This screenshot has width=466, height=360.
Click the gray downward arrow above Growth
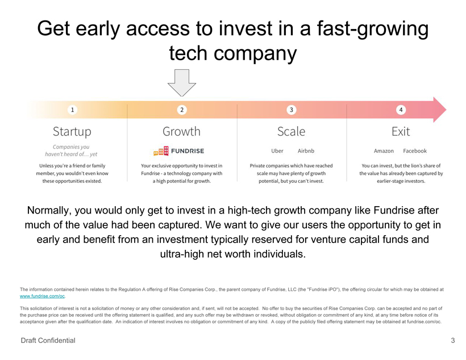181,83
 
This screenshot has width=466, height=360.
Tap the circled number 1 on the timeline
72,109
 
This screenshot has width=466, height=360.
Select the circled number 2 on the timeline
181,109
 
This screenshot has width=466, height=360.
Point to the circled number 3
291,109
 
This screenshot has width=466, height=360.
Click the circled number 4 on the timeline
401,109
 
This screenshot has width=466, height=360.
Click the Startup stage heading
72,132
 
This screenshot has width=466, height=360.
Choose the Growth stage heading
181,132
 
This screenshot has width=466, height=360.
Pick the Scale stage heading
291,132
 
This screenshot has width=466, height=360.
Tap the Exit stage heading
401,132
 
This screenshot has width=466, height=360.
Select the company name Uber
277,151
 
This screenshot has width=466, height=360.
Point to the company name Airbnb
306,151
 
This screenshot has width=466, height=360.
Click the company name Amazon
384,151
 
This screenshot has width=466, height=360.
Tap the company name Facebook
415,151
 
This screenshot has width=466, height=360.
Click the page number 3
452,341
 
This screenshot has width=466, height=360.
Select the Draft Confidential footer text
48,341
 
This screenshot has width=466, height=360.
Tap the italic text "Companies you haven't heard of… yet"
72,150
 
